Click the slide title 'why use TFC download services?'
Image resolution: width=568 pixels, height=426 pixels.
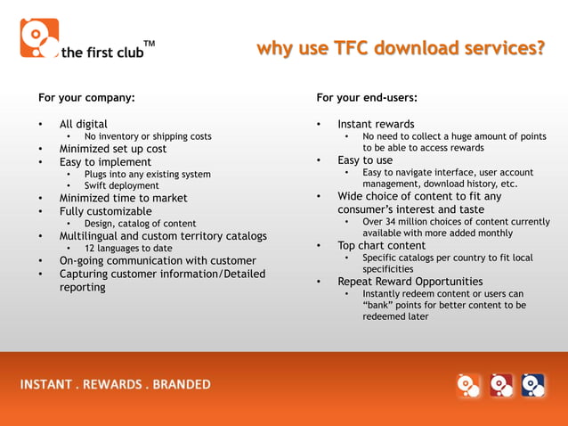[x=401, y=47]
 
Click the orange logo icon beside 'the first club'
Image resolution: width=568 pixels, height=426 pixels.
[x=39, y=38]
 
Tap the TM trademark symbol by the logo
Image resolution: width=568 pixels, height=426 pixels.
[x=149, y=43]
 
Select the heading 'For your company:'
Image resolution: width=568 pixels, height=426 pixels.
[x=86, y=97]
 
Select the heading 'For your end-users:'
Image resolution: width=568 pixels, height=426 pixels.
[x=367, y=97]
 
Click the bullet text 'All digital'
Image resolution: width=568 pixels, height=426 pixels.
[x=84, y=124]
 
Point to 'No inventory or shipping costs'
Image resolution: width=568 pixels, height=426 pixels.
[x=148, y=136]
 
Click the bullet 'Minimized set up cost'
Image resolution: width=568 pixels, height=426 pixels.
[x=113, y=149]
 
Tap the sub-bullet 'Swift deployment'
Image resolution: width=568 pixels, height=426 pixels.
[x=122, y=185]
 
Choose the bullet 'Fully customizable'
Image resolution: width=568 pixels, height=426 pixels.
[x=105, y=211]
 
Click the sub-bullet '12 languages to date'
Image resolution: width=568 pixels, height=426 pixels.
[x=128, y=248]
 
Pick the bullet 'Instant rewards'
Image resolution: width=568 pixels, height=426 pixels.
[x=376, y=124]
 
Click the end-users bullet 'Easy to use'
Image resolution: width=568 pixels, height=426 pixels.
[x=365, y=160]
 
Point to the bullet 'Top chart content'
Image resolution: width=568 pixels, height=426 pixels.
[x=382, y=245]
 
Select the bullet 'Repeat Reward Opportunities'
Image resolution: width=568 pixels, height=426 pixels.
[x=410, y=282]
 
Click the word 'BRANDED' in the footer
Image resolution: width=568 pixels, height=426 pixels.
[x=182, y=385]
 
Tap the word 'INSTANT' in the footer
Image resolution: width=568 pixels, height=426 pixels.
[x=45, y=385]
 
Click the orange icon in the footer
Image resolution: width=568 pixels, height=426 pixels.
[x=468, y=384]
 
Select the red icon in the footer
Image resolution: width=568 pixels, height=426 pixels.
[x=501, y=384]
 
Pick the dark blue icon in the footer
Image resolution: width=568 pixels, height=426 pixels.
[x=532, y=384]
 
